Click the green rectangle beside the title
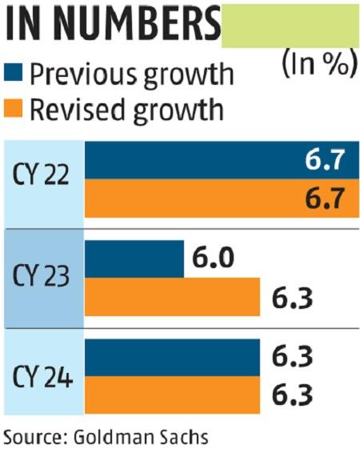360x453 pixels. point(289,25)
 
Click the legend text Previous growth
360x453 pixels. point(131,74)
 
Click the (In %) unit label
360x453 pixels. point(318,64)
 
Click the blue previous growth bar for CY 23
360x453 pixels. point(134,259)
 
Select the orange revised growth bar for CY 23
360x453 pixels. point(172,297)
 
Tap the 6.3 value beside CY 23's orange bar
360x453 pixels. point(290,299)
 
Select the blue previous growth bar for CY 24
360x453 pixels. point(172,356)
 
